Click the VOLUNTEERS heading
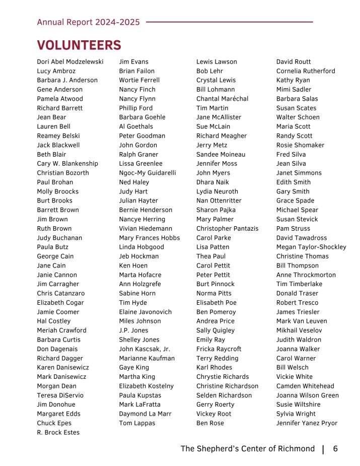point(79,45)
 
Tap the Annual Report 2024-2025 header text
point(88,22)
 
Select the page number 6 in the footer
point(335,449)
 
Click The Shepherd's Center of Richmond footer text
point(247,449)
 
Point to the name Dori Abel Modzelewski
point(70,62)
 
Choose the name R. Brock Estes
point(58,433)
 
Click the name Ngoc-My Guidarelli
point(148,173)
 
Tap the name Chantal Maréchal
point(222,99)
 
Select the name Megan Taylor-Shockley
point(311,247)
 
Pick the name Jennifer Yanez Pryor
point(307,423)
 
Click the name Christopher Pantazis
point(227,229)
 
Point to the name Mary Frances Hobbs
point(149,238)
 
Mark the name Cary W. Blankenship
point(67,164)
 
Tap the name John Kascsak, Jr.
point(145,349)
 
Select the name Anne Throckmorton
point(306,275)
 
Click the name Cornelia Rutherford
point(306,71)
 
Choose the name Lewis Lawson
point(217,62)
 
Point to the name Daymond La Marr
point(145,414)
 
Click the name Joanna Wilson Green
point(307,395)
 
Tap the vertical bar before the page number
point(323,449)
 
